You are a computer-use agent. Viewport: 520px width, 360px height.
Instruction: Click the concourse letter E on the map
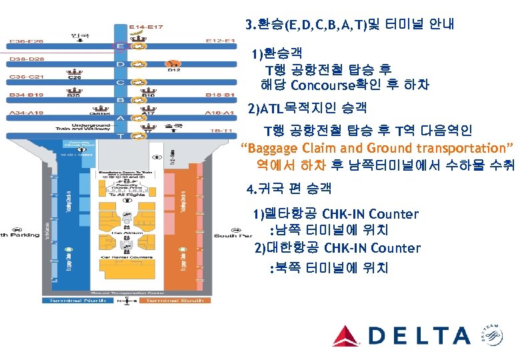121,46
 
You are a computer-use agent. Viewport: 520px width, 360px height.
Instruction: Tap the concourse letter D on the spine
121,64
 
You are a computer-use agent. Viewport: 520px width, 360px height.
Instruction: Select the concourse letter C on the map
121,83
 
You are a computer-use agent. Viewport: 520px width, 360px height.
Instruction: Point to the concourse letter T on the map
121,135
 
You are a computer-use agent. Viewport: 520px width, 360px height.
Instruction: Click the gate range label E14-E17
146,27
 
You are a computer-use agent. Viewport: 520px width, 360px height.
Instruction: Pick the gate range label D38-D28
27,59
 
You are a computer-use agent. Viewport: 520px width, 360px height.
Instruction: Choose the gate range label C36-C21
27,77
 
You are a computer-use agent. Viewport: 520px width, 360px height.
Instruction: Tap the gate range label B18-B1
220,95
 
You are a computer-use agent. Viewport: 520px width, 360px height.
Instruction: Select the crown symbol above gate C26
75,70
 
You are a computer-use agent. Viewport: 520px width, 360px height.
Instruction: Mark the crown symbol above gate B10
149,88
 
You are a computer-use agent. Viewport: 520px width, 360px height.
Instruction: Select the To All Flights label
122,195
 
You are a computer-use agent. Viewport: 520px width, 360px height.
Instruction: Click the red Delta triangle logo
346,335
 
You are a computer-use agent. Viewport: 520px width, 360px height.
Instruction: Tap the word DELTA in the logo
420,335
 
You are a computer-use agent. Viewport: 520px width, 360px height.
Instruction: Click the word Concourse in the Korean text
327,85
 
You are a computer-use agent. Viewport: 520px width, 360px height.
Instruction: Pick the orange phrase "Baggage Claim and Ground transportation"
378,147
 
